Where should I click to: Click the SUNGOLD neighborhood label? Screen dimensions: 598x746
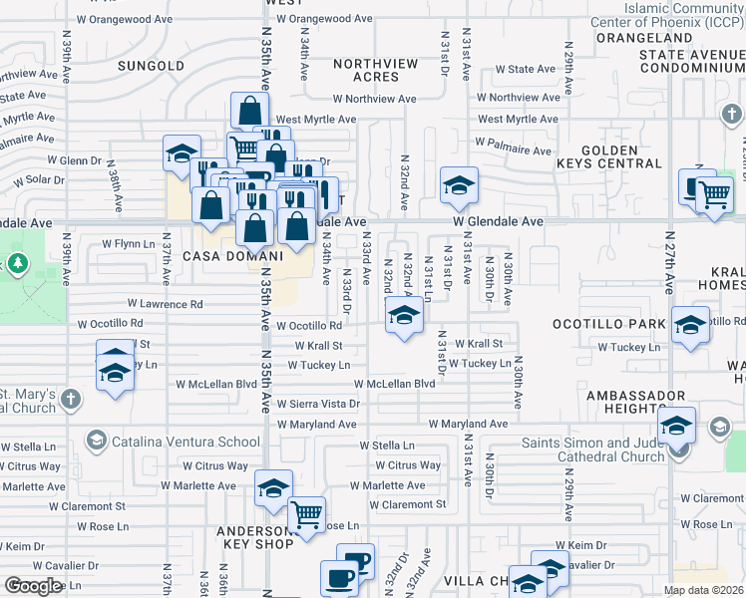pos(152,66)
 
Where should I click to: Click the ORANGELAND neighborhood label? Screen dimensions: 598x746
pos(644,38)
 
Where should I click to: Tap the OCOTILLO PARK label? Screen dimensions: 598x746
pos(608,325)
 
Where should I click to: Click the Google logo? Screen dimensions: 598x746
pos(33,585)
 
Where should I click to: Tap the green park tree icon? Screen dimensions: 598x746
pos(17,263)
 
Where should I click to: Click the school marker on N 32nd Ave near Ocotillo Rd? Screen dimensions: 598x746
pos(403,316)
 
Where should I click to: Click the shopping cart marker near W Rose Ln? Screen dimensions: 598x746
pos(306,515)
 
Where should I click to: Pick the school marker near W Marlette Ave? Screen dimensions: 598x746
pos(273,487)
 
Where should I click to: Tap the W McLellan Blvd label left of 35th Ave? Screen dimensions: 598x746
pos(215,384)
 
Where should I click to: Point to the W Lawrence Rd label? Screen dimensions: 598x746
pos(165,304)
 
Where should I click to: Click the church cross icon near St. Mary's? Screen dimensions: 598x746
pos(70,400)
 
